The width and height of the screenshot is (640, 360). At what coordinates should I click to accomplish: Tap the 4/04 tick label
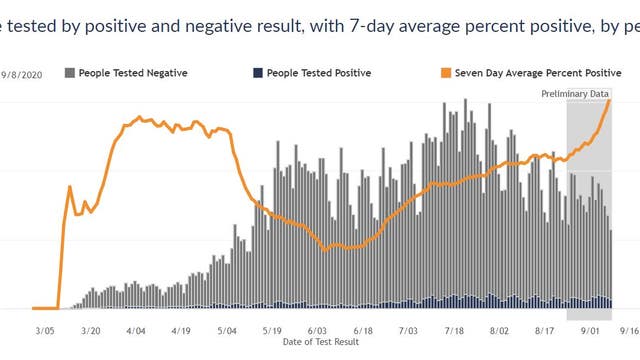[136, 329]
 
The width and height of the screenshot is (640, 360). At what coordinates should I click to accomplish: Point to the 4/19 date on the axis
[181, 329]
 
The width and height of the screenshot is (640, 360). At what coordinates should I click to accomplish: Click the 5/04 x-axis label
[226, 329]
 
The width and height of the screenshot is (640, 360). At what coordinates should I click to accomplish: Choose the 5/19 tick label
[272, 329]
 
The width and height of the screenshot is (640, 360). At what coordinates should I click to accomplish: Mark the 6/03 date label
[318, 329]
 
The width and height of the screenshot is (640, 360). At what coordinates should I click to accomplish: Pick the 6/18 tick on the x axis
[363, 329]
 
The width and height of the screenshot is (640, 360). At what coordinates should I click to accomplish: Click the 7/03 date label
[408, 329]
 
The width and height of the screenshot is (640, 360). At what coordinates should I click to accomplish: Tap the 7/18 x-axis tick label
[454, 329]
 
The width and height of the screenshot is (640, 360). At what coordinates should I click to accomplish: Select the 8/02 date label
[499, 329]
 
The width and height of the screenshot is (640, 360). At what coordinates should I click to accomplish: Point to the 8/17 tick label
[545, 329]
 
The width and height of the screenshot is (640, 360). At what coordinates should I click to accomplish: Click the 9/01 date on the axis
[590, 329]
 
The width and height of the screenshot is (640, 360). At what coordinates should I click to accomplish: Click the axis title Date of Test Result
[318, 342]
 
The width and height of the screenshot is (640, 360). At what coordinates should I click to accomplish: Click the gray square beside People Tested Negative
[69, 73]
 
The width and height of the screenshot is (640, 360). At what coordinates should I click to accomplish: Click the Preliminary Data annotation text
[575, 94]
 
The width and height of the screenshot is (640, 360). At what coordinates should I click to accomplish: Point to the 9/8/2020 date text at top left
[20, 73]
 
